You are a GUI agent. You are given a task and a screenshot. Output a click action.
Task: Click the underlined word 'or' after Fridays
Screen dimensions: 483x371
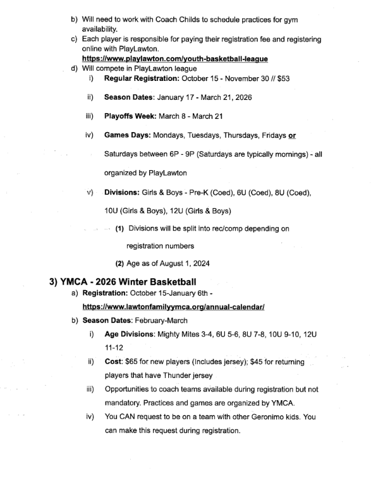click(x=291, y=135)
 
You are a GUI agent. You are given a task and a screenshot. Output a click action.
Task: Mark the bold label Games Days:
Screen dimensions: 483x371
click(x=129, y=135)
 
